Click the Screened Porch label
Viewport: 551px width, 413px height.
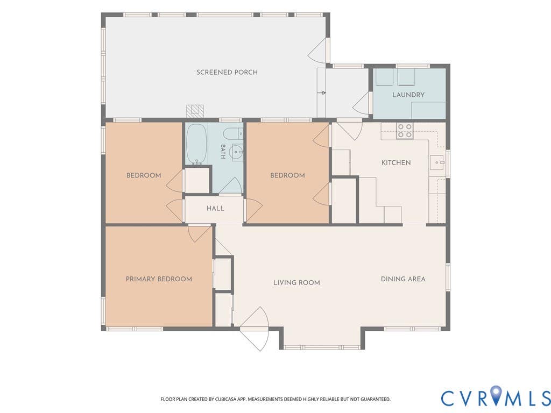[227, 73]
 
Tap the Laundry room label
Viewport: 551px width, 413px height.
[408, 95]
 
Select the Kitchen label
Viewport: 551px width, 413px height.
[396, 162]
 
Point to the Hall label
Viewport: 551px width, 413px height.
[215, 208]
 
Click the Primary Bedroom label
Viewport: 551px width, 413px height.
[159, 279]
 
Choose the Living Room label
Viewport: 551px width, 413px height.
[296, 283]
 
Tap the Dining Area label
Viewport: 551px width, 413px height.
[403, 279]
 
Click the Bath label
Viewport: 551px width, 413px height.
[223, 151]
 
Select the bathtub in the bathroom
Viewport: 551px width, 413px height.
[196, 144]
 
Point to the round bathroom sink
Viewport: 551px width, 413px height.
[236, 152]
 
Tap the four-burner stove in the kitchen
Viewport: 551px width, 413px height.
[405, 130]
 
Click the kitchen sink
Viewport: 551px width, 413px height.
[437, 162]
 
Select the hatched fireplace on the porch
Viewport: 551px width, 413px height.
[195, 111]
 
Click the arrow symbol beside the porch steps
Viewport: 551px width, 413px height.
[322, 92]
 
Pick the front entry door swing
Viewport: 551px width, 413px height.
[255, 329]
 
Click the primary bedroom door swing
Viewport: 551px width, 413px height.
[199, 233]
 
